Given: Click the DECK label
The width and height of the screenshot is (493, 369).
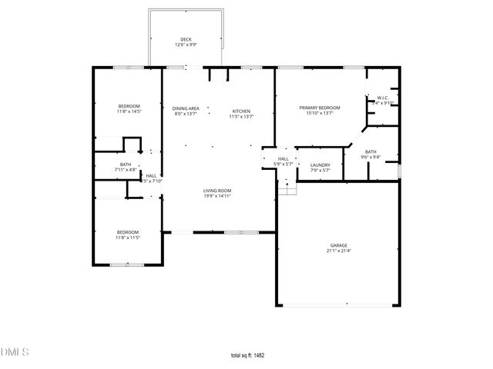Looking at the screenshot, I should pyautogui.click(x=186, y=39).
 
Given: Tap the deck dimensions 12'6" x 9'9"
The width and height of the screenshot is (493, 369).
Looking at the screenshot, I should pyautogui.click(x=186, y=45).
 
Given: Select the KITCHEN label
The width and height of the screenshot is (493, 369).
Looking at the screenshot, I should pyautogui.click(x=241, y=111).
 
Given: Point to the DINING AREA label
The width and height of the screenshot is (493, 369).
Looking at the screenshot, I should pyautogui.click(x=186, y=108).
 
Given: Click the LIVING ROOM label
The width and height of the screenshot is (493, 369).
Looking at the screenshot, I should pyautogui.click(x=217, y=191).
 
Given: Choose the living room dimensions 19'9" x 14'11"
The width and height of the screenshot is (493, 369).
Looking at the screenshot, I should pyautogui.click(x=217, y=196).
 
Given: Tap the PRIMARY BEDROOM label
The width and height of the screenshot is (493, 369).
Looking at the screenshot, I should pyautogui.click(x=320, y=108).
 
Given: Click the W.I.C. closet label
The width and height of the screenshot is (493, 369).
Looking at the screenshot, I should pyautogui.click(x=383, y=98).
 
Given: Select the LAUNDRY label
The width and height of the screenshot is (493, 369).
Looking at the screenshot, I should pyautogui.click(x=320, y=165).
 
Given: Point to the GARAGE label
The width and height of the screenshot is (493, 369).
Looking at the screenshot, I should pyautogui.click(x=339, y=245).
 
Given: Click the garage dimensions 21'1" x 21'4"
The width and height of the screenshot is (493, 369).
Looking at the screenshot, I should pyautogui.click(x=339, y=251).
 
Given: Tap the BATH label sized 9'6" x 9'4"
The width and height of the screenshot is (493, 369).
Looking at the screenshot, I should pyautogui.click(x=371, y=152).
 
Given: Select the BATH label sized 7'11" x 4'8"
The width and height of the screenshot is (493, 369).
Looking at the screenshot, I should pyautogui.click(x=125, y=164).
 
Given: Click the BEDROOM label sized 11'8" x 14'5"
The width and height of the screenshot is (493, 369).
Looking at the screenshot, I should pyautogui.click(x=129, y=106).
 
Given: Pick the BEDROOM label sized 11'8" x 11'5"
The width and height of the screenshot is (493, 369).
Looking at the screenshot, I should pyautogui.click(x=128, y=232).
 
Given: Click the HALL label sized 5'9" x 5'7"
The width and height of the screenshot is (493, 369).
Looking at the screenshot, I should pyautogui.click(x=283, y=158).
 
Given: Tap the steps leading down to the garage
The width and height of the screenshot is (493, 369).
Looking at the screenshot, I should pyautogui.click(x=287, y=188).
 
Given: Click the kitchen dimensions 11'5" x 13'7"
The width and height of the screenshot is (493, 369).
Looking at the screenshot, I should pyautogui.click(x=241, y=117).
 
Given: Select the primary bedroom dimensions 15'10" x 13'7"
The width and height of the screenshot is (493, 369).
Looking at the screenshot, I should pyautogui.click(x=320, y=114).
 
